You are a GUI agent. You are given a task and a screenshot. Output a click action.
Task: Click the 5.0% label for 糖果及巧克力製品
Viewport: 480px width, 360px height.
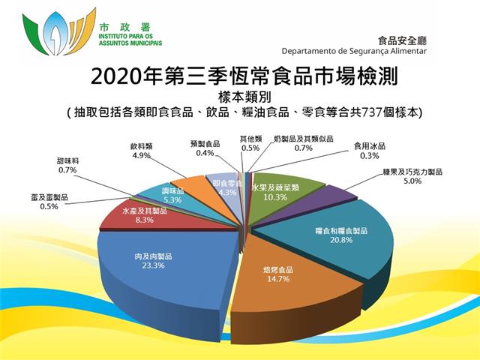pyautogui.click(x=412, y=181)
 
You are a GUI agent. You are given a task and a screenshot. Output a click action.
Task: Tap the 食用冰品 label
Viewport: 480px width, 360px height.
pyautogui.click(x=370, y=146)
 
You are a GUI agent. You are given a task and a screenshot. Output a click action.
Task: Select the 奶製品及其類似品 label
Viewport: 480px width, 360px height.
pyautogui.click(x=303, y=139)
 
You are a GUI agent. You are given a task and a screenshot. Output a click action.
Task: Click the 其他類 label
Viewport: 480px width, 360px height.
pyautogui.click(x=250, y=139)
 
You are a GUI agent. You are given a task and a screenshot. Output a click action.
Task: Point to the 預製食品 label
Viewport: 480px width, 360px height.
pyautogui.click(x=205, y=144)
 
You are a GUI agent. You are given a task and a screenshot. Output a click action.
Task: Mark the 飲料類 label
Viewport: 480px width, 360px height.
pyautogui.click(x=141, y=146)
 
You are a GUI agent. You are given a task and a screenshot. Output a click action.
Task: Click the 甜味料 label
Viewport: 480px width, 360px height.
pyautogui.click(x=67, y=160)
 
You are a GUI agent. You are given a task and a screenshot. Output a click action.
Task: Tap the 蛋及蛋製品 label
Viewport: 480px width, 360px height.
pyautogui.click(x=49, y=197)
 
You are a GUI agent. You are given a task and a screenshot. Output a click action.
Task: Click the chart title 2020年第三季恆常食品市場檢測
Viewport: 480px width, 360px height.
pyautogui.click(x=244, y=76)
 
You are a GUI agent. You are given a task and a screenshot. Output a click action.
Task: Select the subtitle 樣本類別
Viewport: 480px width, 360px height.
pyautogui.click(x=244, y=97)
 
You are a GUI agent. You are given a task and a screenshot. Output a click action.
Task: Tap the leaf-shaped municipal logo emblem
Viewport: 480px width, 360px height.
pyautogui.click(x=59, y=32)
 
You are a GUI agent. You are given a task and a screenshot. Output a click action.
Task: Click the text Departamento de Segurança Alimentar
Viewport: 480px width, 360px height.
pyautogui.click(x=354, y=51)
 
